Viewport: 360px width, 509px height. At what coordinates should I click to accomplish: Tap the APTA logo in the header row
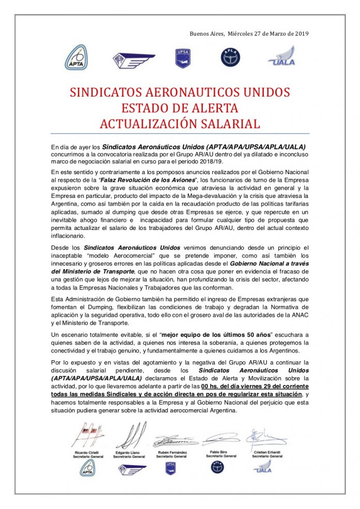click(76, 57)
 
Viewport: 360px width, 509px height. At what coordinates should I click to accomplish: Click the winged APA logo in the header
click(133, 59)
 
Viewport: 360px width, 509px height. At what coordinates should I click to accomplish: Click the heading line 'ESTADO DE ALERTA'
click(179, 109)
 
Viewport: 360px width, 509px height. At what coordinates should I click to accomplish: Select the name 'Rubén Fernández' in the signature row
click(171, 453)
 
